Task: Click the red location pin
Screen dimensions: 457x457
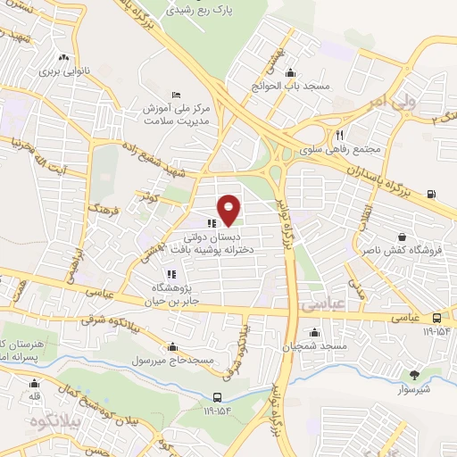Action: (230, 209)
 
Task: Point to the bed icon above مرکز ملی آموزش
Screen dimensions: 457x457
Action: (177, 95)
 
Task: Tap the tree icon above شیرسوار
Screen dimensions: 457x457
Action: (413, 376)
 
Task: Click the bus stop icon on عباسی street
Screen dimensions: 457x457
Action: (436, 318)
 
